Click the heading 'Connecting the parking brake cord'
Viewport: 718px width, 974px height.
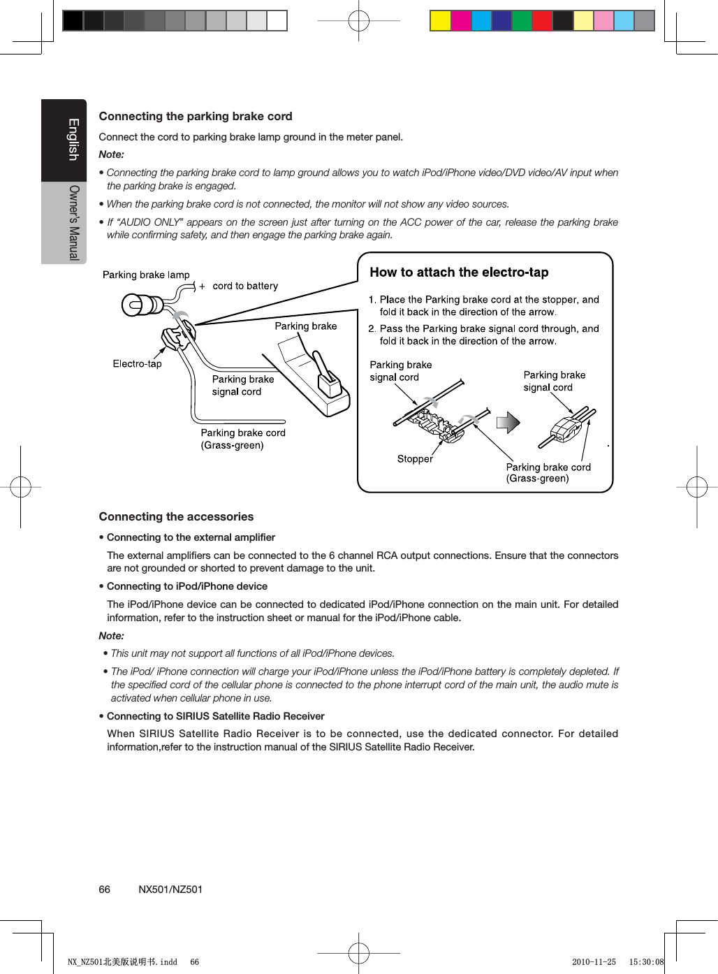(x=196, y=116)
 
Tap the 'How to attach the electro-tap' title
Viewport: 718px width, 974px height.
(x=459, y=272)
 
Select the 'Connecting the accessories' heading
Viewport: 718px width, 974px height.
(x=176, y=516)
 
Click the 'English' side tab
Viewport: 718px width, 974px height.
(x=72, y=140)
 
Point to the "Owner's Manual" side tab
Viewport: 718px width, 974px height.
(x=73, y=222)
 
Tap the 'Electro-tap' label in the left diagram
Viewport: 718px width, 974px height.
(x=137, y=363)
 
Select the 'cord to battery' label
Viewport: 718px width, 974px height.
(x=244, y=286)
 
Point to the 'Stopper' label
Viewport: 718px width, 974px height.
(x=415, y=458)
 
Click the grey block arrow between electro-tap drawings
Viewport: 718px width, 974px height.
(x=508, y=422)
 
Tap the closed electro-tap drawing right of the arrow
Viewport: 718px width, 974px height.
(x=566, y=428)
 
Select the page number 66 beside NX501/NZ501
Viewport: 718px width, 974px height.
(x=104, y=889)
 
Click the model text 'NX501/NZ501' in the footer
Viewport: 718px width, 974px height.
(x=170, y=889)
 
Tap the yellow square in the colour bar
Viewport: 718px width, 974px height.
(x=440, y=21)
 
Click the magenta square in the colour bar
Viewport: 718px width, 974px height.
(x=461, y=21)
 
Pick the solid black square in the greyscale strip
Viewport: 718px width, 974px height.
(x=73, y=21)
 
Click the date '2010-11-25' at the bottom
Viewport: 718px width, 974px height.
(x=594, y=962)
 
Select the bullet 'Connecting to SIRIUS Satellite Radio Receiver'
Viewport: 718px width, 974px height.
(x=215, y=716)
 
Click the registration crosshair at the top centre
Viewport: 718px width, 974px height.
(x=358, y=21)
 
